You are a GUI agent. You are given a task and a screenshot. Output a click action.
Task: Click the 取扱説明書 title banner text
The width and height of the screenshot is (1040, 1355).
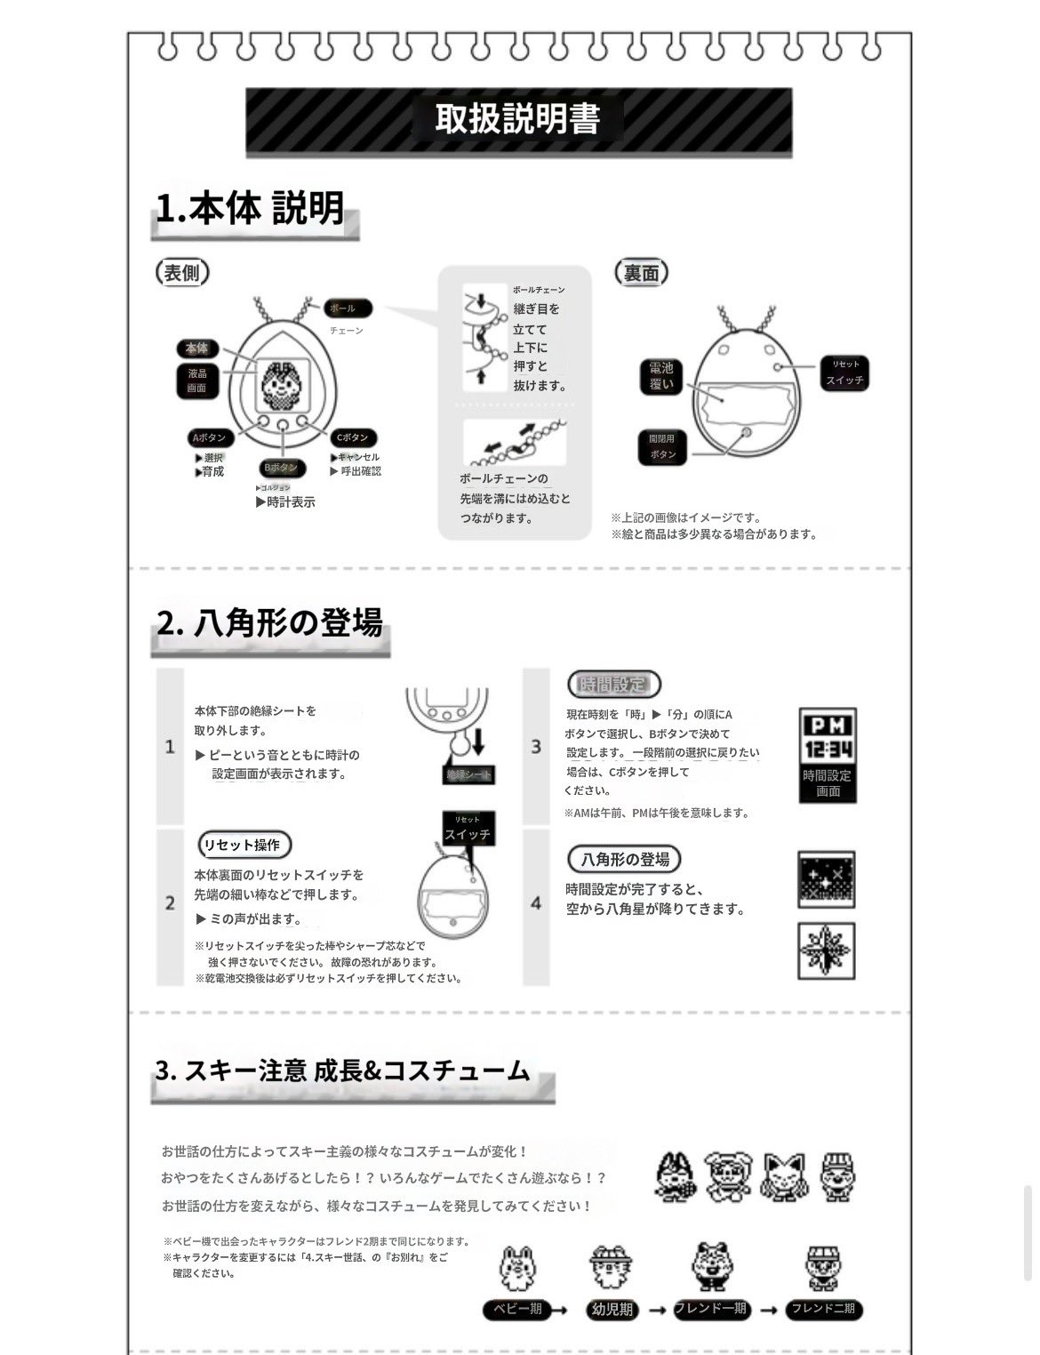pos(517,119)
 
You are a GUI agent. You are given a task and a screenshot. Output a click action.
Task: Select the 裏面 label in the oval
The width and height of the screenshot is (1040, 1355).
pos(641,273)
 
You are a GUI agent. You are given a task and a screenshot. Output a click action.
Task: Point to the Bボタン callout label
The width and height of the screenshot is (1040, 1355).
pos(282,468)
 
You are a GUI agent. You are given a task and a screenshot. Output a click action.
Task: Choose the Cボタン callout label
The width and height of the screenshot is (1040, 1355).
pos(352,437)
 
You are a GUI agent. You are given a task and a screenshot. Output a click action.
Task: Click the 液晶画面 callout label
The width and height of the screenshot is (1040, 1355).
pos(196,381)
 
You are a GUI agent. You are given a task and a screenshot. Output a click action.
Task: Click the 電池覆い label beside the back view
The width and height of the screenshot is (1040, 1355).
pos(660,376)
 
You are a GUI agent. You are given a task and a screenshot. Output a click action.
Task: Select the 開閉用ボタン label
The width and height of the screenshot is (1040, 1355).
pos(662,446)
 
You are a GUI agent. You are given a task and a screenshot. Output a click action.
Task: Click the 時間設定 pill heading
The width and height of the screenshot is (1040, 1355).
pos(613,684)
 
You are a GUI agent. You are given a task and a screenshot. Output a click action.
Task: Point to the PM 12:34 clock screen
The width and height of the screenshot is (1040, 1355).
pos(828,737)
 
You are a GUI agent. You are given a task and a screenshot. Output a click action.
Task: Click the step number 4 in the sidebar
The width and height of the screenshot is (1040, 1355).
pos(536,903)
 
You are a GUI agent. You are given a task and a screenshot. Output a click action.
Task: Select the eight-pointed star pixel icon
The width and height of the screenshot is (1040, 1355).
pos(827,950)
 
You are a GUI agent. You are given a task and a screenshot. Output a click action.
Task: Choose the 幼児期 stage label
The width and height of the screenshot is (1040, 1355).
pos(612,1309)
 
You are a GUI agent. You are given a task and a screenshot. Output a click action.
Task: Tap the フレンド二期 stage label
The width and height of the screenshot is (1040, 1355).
pos(823,1309)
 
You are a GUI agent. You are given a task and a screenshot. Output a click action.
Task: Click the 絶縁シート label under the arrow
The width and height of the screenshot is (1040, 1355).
pos(468,774)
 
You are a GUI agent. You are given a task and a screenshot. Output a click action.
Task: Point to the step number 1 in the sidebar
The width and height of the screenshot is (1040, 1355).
pos(170,746)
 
